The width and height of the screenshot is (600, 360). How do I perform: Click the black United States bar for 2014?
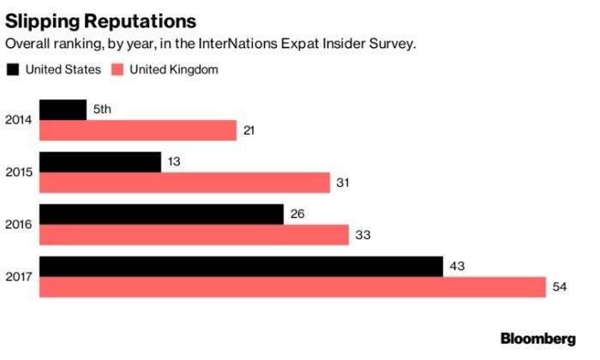click(x=63, y=110)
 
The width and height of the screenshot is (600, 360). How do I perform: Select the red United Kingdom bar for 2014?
click(x=137, y=130)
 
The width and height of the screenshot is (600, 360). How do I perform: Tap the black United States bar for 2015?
click(x=100, y=162)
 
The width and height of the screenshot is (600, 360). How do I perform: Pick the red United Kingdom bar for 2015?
click(x=184, y=183)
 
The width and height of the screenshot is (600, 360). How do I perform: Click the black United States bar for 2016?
click(x=161, y=214)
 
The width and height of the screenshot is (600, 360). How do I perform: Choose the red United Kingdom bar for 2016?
click(x=194, y=235)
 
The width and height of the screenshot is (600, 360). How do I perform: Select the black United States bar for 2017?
click(x=241, y=267)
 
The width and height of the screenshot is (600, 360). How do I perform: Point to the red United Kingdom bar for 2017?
click(x=292, y=287)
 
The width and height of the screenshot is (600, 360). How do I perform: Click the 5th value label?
click(x=102, y=110)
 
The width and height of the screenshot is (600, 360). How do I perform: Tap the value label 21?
click(x=250, y=130)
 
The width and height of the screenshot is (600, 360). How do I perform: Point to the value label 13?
click(x=174, y=162)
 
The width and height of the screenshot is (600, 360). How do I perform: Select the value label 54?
click(x=560, y=287)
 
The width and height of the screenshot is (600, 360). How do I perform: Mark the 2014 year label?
click(x=19, y=120)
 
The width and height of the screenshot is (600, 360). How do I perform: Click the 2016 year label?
click(x=19, y=225)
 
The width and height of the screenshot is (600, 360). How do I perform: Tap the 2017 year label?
click(x=19, y=277)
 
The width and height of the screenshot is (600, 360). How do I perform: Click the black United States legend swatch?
click(x=14, y=69)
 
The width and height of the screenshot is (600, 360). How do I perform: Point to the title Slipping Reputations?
click(x=100, y=19)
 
